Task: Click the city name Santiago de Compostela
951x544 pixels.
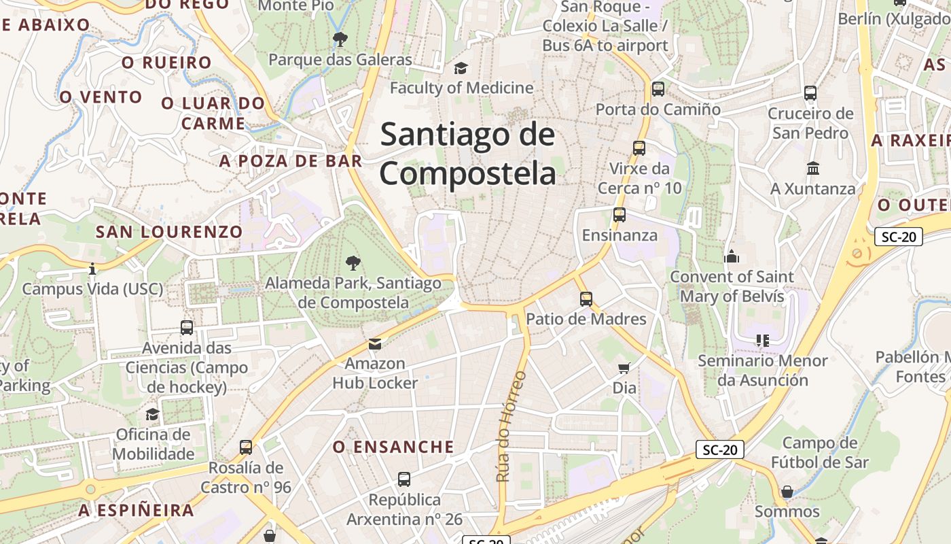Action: (x=467, y=154)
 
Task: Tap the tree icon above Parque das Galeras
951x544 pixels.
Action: (x=340, y=39)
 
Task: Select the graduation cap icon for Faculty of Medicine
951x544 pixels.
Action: (x=461, y=68)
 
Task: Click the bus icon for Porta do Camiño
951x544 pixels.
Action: (x=658, y=89)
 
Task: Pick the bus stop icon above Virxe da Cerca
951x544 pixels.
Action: (x=639, y=148)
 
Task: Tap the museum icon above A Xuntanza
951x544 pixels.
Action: (x=812, y=168)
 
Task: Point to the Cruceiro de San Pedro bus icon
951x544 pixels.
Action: (x=810, y=93)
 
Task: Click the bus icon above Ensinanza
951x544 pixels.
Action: (x=619, y=215)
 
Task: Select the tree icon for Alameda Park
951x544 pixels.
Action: (x=353, y=262)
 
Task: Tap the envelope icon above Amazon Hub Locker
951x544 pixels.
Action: (x=374, y=344)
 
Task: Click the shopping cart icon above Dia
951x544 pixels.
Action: (x=624, y=368)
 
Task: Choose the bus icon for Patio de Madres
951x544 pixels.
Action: (x=586, y=299)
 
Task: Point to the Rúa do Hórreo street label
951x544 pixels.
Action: (x=512, y=426)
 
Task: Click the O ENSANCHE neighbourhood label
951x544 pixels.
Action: (x=393, y=447)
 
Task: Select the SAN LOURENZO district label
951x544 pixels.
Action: (x=169, y=232)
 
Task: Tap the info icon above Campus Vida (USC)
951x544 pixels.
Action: (x=92, y=269)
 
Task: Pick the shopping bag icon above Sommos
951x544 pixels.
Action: (x=787, y=491)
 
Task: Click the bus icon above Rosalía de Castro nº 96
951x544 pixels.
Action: (x=245, y=447)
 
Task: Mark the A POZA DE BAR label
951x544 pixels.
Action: (x=290, y=161)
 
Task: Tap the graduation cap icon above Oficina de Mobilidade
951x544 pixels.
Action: (x=153, y=415)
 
